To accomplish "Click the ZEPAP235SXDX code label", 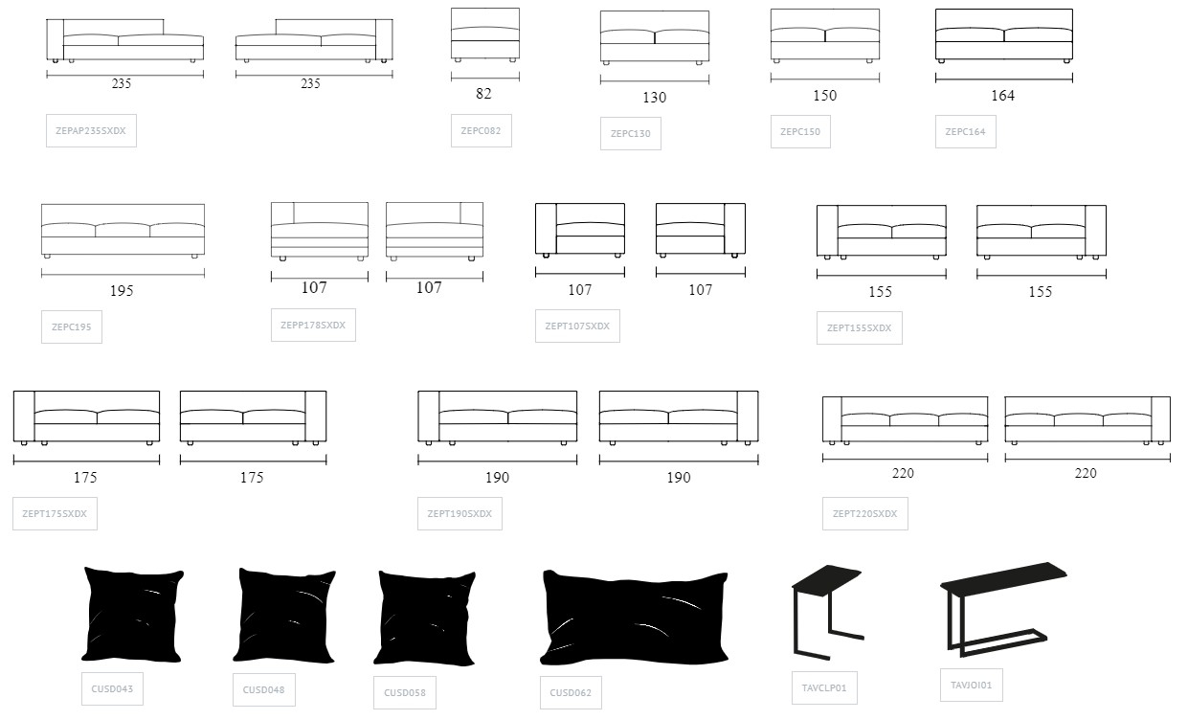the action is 91,130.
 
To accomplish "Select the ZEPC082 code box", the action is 481,130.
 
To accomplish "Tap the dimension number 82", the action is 483,94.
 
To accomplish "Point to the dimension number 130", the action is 655,98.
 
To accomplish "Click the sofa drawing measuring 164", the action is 1004,35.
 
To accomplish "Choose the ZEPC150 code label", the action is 800,131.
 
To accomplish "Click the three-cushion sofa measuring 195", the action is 123,231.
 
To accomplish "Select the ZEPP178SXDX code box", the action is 313,325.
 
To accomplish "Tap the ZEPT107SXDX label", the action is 577,326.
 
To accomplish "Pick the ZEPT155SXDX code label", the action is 860,327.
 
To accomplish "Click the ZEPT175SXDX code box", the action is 55,513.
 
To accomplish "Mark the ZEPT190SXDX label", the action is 460,513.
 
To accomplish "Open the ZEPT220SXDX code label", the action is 865,513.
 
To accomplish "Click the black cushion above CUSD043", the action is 132,615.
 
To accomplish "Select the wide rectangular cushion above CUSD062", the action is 635,617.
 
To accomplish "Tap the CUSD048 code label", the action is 263,689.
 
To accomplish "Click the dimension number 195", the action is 122,291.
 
